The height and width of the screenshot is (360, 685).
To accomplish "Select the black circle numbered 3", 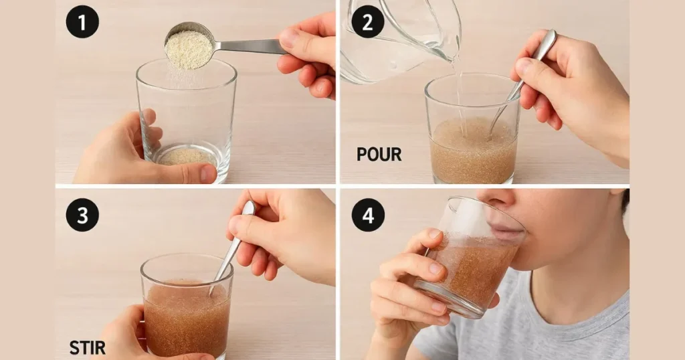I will coord(82,215).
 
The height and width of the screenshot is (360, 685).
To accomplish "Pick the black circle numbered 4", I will coord(368,215).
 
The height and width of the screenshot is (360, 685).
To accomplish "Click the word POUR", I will coord(379,155).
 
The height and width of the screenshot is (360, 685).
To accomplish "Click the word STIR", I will coord(88,347).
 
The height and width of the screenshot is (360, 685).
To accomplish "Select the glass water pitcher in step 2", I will coord(401,40).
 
